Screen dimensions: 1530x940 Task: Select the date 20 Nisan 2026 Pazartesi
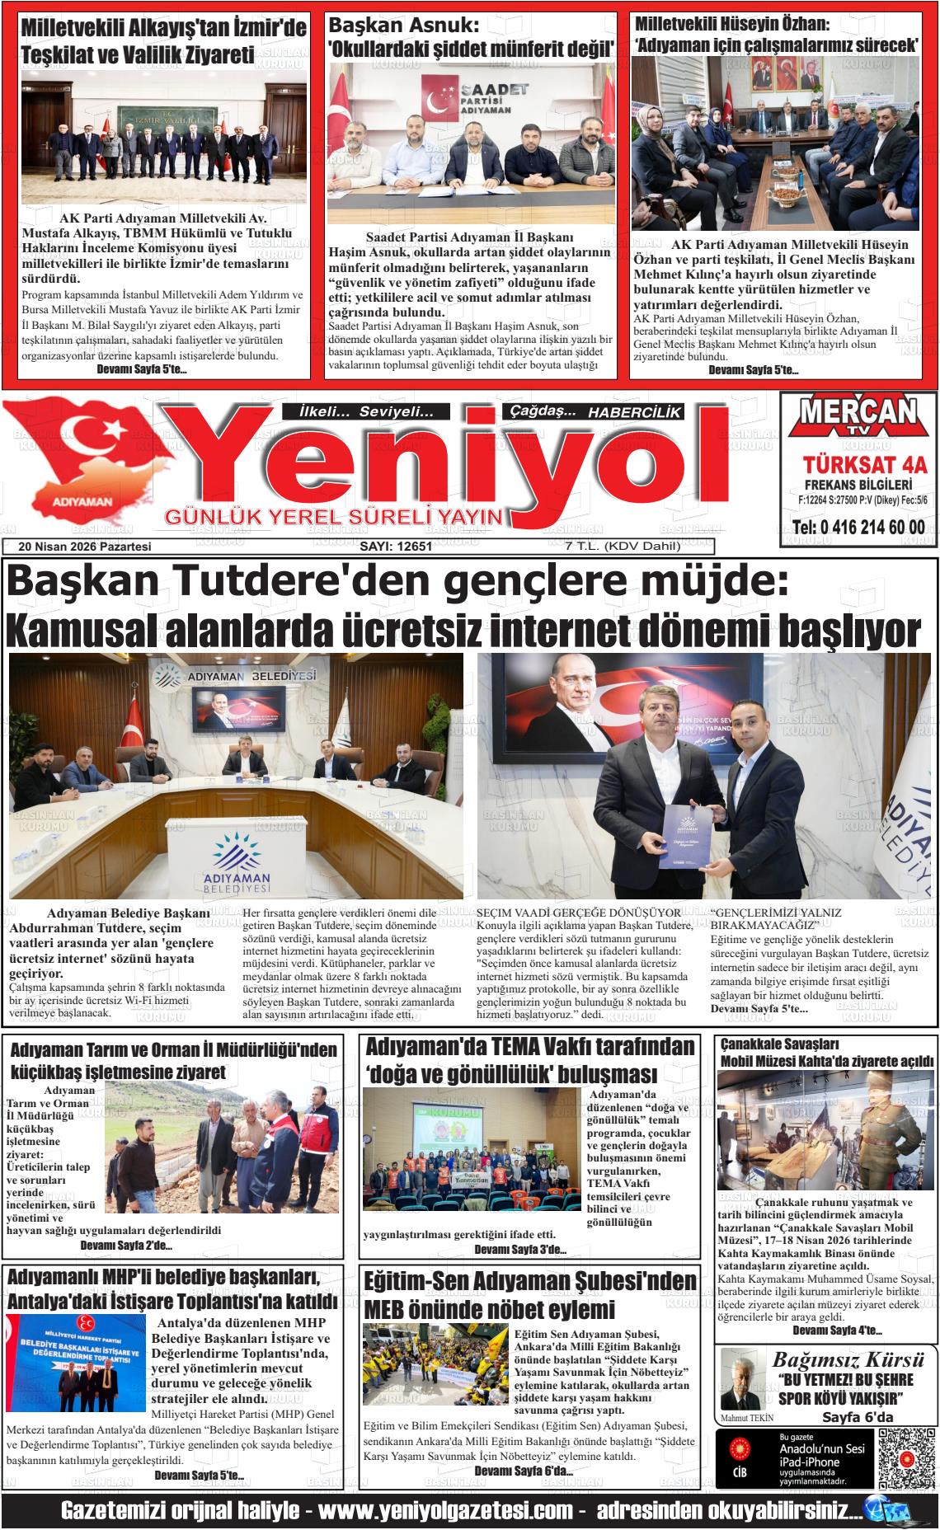[86, 546]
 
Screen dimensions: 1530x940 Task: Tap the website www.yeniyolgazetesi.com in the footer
[445, 1511]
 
